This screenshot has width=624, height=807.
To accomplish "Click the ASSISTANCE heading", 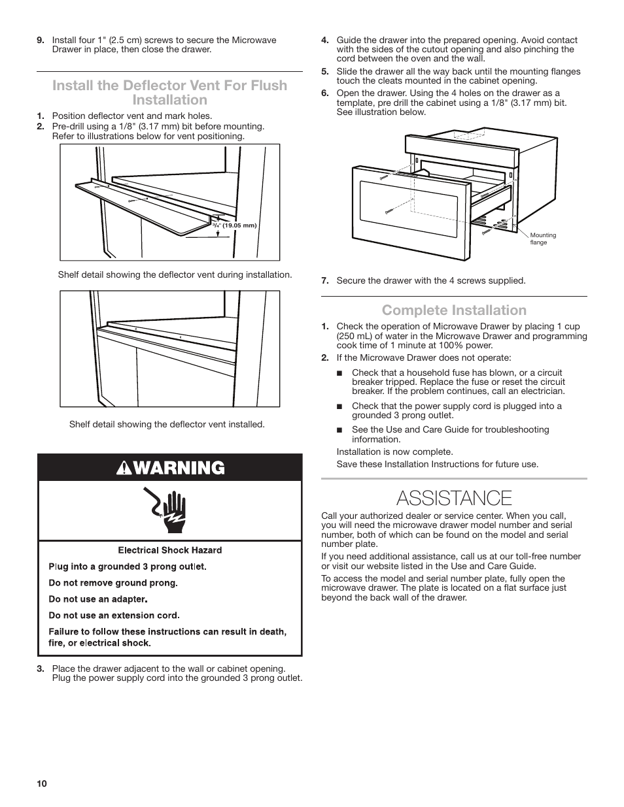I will [454, 498].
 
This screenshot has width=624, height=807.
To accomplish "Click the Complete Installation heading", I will [454, 310].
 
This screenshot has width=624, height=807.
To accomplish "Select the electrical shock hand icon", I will [169, 510].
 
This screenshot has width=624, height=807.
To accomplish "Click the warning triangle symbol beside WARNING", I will [124, 468].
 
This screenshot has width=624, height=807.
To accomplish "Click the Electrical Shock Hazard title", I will [169, 550].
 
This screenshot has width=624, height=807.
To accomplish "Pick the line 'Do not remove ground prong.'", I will [113, 583].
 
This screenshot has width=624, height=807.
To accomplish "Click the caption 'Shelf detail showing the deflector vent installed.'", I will [167, 424].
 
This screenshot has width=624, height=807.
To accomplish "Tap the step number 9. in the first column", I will [41, 40].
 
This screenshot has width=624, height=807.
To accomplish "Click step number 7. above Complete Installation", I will [324, 280].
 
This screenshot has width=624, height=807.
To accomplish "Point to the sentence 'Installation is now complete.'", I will [394, 452].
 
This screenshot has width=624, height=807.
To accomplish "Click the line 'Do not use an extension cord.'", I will [114, 615].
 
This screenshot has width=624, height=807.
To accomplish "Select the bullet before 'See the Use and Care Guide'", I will [339, 430].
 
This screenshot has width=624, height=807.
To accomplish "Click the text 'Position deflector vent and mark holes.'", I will [132, 116].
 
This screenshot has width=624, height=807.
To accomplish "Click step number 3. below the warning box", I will [41, 668].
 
